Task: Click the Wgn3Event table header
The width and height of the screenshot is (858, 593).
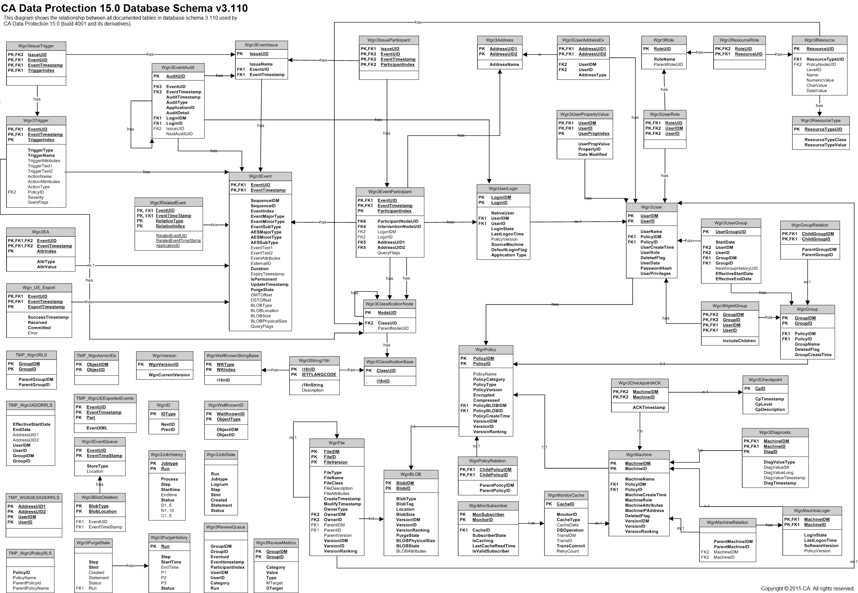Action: click(x=260, y=176)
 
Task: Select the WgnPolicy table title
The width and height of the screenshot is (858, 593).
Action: click(x=486, y=350)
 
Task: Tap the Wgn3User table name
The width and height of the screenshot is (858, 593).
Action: click(x=651, y=207)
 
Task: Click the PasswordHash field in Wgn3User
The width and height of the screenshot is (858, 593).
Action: click(x=656, y=268)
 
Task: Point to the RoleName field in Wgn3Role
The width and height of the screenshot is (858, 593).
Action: click(x=664, y=59)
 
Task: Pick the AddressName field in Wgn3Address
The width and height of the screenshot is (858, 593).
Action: click(x=504, y=64)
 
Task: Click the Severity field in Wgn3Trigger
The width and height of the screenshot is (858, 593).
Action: click(x=36, y=197)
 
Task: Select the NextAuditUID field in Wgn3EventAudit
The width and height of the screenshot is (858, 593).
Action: click(x=179, y=134)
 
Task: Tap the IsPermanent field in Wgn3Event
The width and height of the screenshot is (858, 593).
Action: click(x=263, y=279)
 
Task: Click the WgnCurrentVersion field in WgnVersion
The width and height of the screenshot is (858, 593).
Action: click(x=169, y=375)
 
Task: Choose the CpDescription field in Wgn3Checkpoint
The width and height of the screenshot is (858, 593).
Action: click(x=770, y=409)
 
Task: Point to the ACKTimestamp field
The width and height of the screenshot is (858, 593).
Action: click(x=649, y=408)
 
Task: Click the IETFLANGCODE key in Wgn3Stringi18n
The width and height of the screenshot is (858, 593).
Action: click(x=319, y=375)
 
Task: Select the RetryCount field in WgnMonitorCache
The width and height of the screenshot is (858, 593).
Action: click(x=568, y=551)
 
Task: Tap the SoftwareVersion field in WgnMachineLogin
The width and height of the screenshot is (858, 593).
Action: click(x=821, y=546)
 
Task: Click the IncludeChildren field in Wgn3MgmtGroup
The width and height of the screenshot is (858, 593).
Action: click(x=739, y=341)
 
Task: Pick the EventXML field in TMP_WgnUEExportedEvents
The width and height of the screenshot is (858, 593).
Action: click(x=97, y=428)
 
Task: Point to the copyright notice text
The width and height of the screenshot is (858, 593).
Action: click(x=808, y=588)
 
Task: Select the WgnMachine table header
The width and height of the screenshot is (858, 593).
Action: click(x=639, y=454)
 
